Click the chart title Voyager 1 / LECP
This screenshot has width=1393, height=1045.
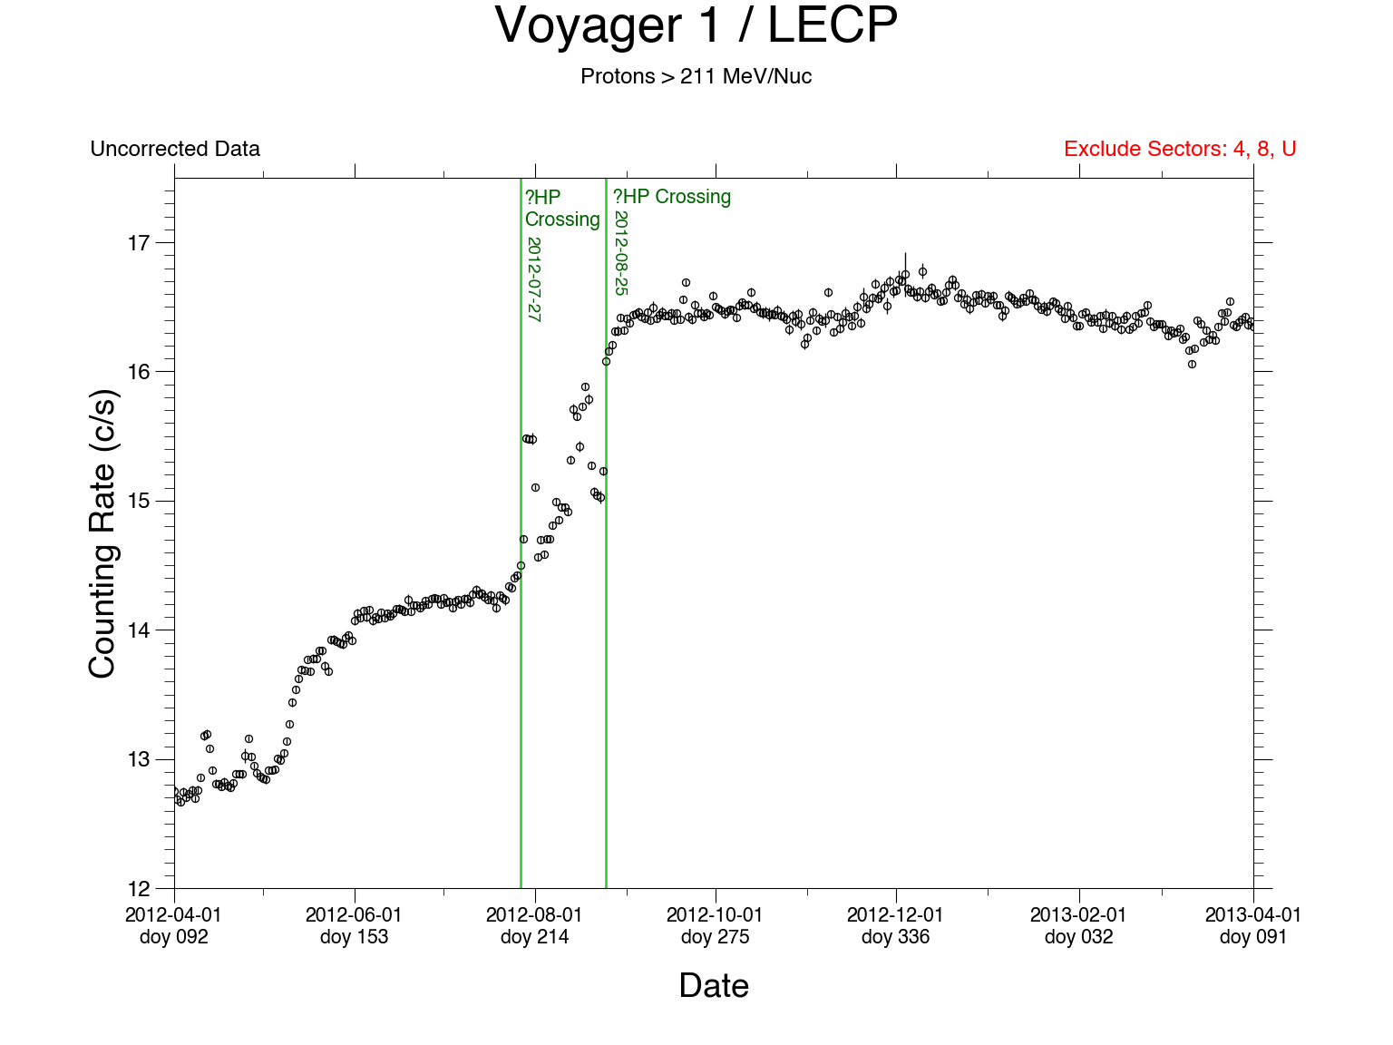696,25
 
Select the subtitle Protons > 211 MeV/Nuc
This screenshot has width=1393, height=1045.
696,76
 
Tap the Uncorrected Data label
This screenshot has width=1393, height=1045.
175,149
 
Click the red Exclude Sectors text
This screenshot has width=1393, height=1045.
1180,149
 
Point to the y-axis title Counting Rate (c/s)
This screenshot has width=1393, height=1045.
102,533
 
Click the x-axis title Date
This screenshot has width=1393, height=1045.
714,986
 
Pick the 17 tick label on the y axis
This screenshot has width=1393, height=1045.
139,243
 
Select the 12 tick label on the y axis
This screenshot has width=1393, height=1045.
139,888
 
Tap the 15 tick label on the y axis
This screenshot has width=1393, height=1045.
139,501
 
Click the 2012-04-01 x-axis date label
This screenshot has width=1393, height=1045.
173,915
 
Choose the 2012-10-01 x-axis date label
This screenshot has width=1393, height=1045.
715,915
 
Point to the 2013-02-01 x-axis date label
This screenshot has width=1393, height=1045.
1078,915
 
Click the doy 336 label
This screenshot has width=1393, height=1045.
895,937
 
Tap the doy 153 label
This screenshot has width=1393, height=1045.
354,937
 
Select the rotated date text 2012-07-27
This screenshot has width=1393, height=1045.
534,279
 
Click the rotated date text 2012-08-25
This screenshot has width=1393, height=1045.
621,253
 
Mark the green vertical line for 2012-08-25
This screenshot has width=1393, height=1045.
606,635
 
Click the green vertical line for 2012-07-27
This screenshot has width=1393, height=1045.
521,726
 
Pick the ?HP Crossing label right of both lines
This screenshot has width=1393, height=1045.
672,197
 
